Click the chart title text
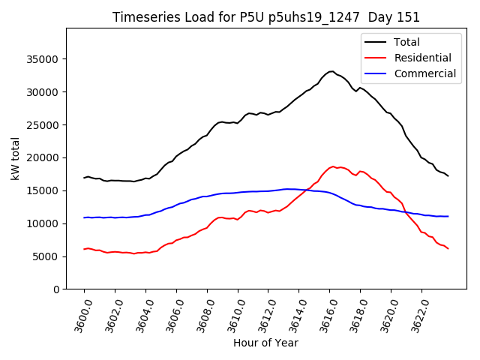click(266, 17)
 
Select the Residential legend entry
click(424, 58)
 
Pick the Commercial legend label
click(425, 73)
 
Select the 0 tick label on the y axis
click(56, 289)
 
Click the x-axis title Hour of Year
click(265, 343)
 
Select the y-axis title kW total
click(16, 159)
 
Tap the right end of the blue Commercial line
click(448, 216)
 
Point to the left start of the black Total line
click(84, 178)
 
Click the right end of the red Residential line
click(448, 248)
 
